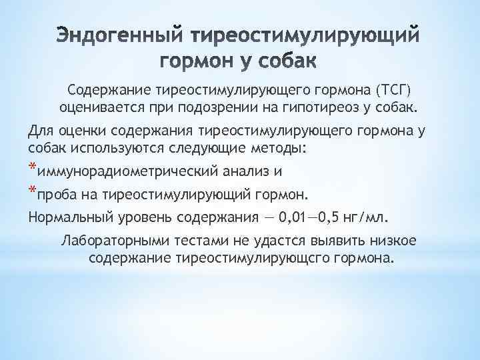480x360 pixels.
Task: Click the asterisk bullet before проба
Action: tap(33, 191)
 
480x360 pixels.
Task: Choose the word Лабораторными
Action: tap(111, 241)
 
